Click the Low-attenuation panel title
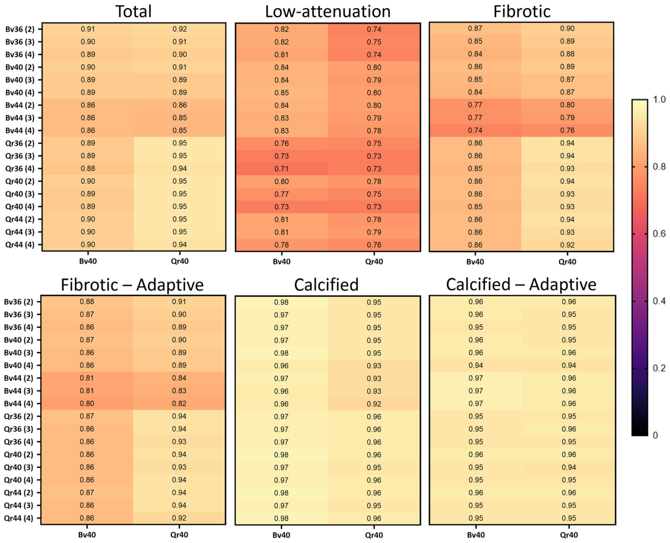[327, 12]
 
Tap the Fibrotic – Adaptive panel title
[132, 285]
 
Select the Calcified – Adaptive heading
[521, 284]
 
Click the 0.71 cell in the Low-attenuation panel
[281, 169]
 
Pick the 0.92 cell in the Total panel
[179, 30]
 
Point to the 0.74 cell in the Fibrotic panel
[475, 130]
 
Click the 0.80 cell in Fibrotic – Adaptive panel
[87, 404]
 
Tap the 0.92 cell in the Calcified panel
[374, 404]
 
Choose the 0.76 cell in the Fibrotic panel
[567, 130]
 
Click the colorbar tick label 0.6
[659, 234]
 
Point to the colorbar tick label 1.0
[659, 99]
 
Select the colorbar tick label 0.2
[659, 368]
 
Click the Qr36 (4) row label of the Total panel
[20, 169]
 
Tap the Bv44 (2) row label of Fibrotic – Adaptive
[19, 378]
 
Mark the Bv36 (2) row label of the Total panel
[20, 30]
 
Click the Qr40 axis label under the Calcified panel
[374, 535]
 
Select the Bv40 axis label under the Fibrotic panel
[475, 262]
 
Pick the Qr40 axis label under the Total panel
[179, 261]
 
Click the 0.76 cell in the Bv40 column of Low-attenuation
[281, 144]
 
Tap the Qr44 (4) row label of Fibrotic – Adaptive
[19, 518]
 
